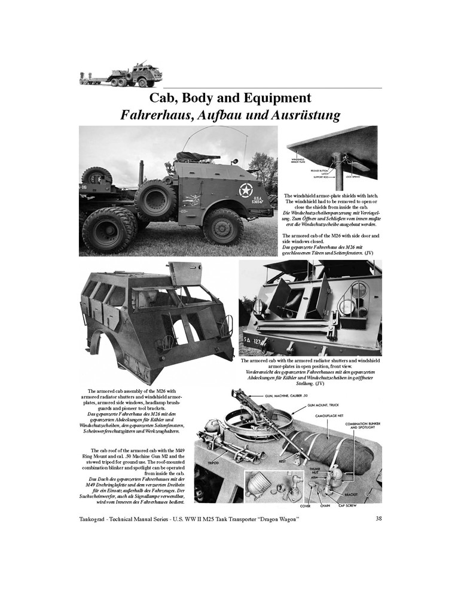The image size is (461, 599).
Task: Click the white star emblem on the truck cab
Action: tap(246, 191)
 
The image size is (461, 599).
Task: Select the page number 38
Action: tap(378, 518)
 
